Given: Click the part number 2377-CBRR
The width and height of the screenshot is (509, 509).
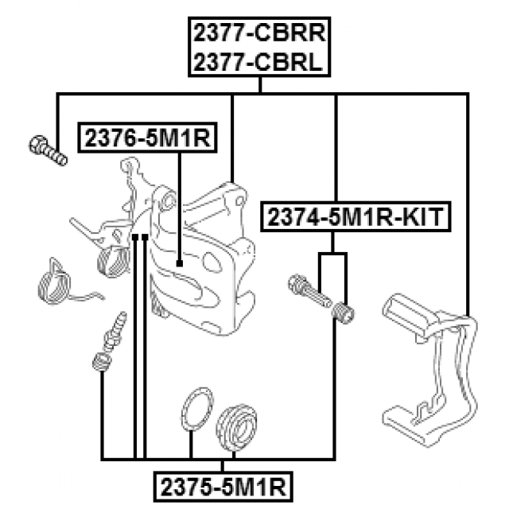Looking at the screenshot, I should tap(259, 33).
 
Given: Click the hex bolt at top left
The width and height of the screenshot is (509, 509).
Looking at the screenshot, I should tap(49, 149).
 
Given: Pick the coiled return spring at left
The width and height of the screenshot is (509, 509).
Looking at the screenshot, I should tap(60, 282).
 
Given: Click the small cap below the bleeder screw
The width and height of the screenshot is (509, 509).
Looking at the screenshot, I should tap(101, 361).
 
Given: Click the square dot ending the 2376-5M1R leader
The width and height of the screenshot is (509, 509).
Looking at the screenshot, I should tap(181, 263).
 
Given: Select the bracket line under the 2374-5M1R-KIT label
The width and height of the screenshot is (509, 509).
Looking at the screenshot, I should tap(333, 254).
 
